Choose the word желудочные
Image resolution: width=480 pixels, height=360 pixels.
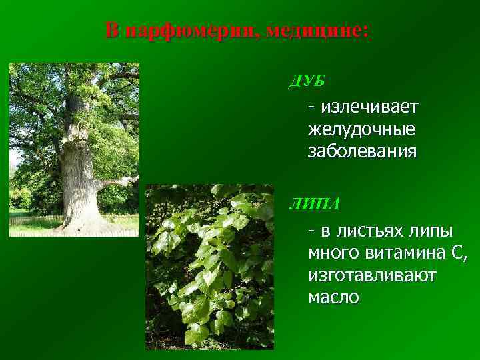(x=362, y=129)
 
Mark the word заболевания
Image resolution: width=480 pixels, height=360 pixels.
(x=362, y=151)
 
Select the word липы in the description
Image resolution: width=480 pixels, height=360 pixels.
(x=431, y=231)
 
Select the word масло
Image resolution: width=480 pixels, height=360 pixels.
(x=333, y=297)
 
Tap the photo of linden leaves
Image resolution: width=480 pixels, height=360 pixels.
(x=209, y=267)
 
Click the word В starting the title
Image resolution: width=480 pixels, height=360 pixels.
(x=114, y=31)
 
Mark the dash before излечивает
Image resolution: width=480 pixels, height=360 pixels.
(x=311, y=107)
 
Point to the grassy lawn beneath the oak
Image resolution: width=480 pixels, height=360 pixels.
(x=33, y=223)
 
